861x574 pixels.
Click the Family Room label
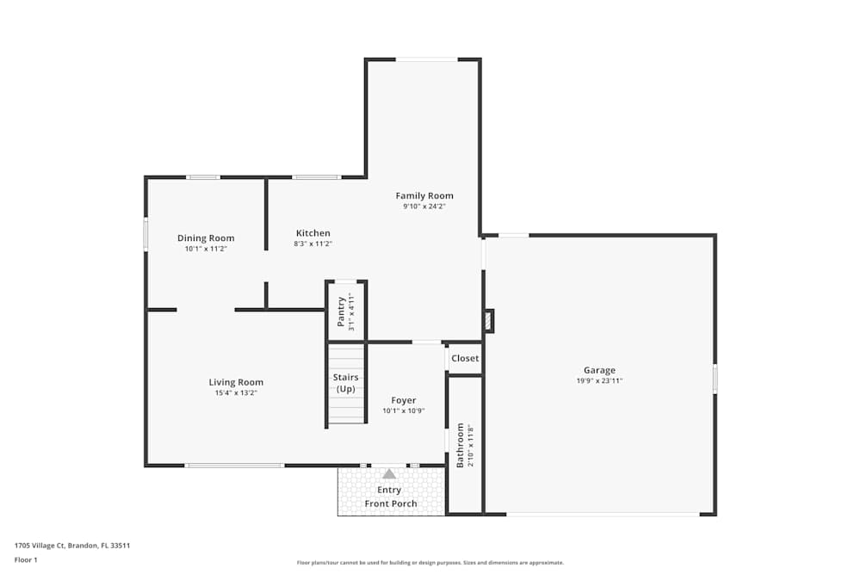(424, 195)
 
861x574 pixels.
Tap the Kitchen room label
(313, 233)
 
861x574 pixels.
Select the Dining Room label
(206, 238)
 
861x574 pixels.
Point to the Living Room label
(236, 382)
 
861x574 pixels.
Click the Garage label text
(599, 370)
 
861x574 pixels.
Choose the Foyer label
(404, 400)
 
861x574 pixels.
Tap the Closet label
(465, 358)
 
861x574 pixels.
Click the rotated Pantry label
(341, 312)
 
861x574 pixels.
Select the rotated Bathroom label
(461, 445)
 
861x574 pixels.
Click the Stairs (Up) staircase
(345, 383)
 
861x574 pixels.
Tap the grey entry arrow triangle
(389, 473)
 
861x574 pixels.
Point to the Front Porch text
(391, 503)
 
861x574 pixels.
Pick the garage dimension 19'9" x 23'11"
(599, 380)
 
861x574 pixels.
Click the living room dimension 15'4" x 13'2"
(236, 392)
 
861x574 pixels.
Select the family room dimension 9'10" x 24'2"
(424, 206)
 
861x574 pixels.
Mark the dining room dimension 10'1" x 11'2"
(206, 249)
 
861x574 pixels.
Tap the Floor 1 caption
(26, 559)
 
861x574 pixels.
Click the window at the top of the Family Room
(426, 59)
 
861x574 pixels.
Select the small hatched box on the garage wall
(490, 321)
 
